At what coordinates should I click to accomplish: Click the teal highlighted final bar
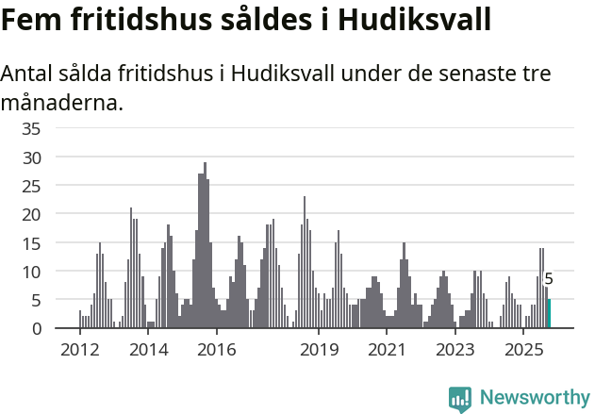tap(549, 314)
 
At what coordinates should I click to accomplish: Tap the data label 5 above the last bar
tap(549, 279)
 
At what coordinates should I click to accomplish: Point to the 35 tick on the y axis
tap(32, 128)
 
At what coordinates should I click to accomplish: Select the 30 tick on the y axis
tap(32, 157)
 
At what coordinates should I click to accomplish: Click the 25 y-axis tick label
tap(32, 186)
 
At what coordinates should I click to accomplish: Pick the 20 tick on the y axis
tap(32, 214)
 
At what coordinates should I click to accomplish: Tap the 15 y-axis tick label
tap(32, 242)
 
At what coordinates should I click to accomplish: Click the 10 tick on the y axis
tap(32, 272)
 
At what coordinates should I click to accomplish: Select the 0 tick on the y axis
tap(36, 328)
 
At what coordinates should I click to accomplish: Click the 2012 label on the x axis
tap(79, 350)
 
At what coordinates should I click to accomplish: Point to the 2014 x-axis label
tap(148, 350)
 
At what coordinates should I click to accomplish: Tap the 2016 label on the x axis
tap(217, 350)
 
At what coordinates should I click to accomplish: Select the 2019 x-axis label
tap(320, 350)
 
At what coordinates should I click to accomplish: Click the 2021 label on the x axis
tap(388, 350)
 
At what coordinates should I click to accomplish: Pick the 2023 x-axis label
tap(456, 350)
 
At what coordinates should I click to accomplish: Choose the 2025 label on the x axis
tap(524, 350)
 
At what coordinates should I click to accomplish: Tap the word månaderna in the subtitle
tap(62, 102)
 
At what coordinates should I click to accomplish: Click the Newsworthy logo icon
tap(460, 399)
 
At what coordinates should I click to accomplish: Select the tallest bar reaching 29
tap(205, 245)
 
